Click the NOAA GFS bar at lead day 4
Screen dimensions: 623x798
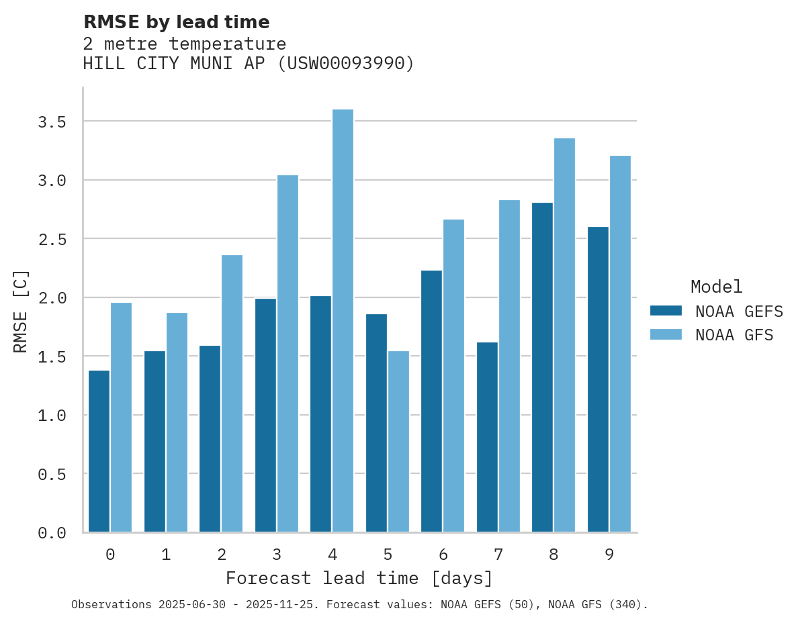click(343, 321)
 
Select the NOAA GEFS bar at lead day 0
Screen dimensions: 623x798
click(99, 451)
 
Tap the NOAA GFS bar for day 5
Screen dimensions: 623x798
click(398, 441)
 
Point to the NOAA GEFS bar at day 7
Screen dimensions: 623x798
click(487, 437)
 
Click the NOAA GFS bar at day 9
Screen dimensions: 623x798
click(620, 344)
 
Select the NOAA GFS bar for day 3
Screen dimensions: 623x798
click(287, 353)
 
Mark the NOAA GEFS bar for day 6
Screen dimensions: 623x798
click(431, 401)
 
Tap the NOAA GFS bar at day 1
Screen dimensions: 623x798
click(177, 422)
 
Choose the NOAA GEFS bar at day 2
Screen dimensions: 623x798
click(210, 439)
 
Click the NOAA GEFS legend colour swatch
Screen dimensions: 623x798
click(666, 311)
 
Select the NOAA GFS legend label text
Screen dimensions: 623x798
click(734, 335)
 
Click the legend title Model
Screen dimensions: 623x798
click(716, 287)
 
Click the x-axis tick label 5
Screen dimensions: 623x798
click(388, 555)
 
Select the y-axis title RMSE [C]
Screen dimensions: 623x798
click(21, 311)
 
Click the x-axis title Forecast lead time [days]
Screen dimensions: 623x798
click(359, 578)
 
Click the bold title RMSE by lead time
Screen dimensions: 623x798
click(176, 22)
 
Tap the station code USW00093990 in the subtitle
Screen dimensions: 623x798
click(345, 63)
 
